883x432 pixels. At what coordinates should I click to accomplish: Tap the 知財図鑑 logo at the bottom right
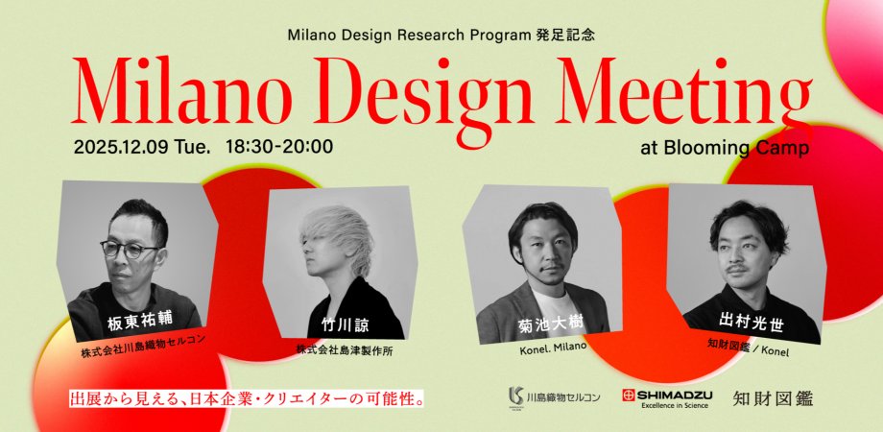[x=772, y=396]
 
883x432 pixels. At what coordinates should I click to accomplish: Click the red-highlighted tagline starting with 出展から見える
[x=247, y=396]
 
